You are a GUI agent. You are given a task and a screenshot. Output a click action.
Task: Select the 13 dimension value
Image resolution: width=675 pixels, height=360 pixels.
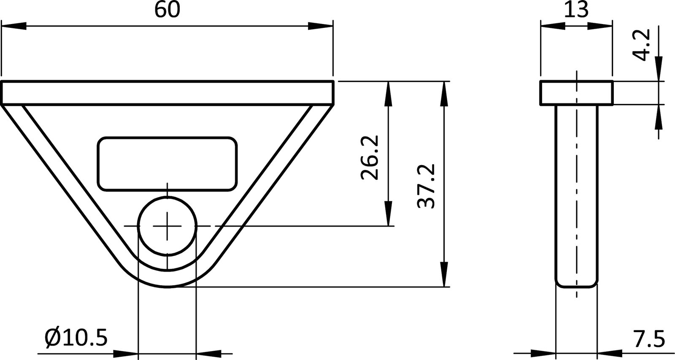click(576, 9)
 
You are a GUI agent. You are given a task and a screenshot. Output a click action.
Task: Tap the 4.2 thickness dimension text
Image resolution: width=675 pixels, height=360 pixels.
click(644, 45)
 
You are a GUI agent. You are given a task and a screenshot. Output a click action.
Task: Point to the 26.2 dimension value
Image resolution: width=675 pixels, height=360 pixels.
click(370, 157)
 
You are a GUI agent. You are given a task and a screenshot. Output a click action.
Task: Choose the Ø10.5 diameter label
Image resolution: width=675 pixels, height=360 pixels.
click(76, 338)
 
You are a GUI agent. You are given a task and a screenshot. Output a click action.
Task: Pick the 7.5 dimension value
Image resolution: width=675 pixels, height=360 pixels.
click(648, 338)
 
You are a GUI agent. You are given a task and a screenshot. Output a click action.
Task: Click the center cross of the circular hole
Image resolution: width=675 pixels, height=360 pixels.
click(167, 227)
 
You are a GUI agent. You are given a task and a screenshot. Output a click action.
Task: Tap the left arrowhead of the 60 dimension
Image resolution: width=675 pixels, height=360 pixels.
click(13, 26)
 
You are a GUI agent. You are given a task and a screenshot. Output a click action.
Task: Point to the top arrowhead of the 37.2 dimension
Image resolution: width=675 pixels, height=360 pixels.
click(444, 93)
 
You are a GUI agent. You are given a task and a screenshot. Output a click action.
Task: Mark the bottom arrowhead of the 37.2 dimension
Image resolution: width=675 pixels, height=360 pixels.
click(444, 275)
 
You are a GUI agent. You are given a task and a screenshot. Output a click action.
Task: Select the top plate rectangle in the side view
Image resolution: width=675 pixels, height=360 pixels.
click(576, 92)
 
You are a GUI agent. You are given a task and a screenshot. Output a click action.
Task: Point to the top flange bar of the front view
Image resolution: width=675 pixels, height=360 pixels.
click(167, 92)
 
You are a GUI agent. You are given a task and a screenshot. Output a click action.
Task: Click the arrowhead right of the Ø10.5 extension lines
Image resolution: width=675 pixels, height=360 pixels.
click(208, 353)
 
